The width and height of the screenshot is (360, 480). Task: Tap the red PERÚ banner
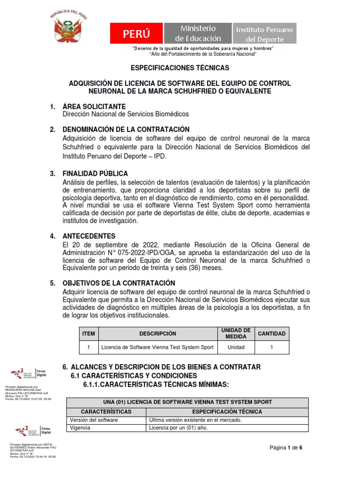click(x=137, y=34)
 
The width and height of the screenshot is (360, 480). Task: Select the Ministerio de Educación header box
click(x=197, y=34)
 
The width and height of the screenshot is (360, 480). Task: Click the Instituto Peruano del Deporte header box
click(x=265, y=34)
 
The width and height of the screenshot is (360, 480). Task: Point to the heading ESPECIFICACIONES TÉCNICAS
click(x=180, y=67)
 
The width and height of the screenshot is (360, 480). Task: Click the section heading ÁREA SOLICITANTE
click(x=94, y=107)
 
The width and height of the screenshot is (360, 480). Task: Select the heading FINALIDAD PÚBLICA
click(x=95, y=174)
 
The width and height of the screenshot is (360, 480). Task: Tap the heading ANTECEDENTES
click(x=89, y=236)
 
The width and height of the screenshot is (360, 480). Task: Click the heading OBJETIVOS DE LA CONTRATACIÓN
click(x=119, y=283)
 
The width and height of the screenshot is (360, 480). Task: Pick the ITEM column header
click(x=89, y=333)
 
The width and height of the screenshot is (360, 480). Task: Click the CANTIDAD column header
click(x=271, y=333)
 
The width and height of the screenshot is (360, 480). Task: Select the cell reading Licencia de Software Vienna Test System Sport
click(x=157, y=347)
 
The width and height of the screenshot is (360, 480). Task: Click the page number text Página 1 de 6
click(x=286, y=448)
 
